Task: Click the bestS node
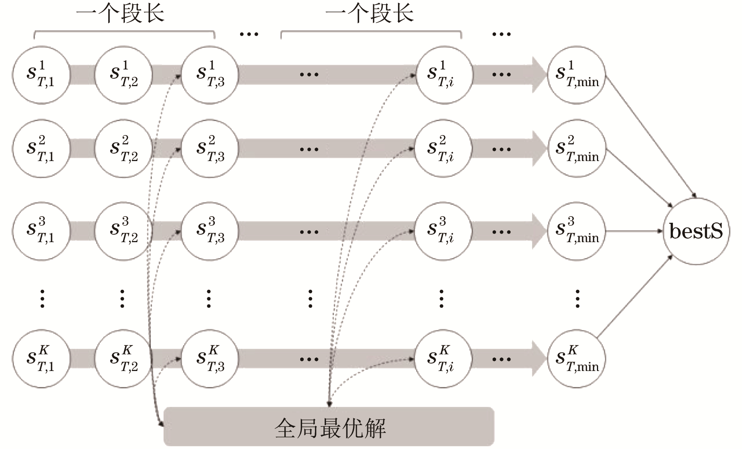[696, 231]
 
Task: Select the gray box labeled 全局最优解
[329, 427]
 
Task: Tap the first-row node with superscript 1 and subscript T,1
[41, 75]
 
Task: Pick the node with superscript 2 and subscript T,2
[123, 149]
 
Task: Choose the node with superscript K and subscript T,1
[41, 359]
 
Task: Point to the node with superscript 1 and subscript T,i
[444, 75]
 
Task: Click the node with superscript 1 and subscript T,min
[576, 75]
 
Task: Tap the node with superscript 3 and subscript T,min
[576, 231]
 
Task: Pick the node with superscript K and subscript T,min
[576, 359]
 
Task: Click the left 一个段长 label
[120, 13]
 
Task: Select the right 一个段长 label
[370, 13]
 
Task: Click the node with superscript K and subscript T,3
[210, 359]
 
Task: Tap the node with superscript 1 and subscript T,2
[123, 75]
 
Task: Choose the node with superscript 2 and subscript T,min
[576, 149]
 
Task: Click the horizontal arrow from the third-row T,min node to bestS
[634, 231]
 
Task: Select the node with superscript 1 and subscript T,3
[210, 75]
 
